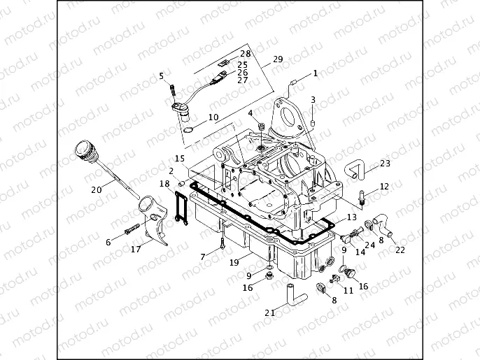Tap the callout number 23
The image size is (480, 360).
pyautogui.click(x=386, y=164)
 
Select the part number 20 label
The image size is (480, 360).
pyautogui.click(x=96, y=189)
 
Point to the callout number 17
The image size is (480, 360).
pyautogui.click(x=136, y=249)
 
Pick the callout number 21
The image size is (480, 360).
pyautogui.click(x=269, y=312)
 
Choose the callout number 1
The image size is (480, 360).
pyautogui.click(x=315, y=73)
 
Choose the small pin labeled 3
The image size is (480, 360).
pyautogui.click(x=313, y=122)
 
